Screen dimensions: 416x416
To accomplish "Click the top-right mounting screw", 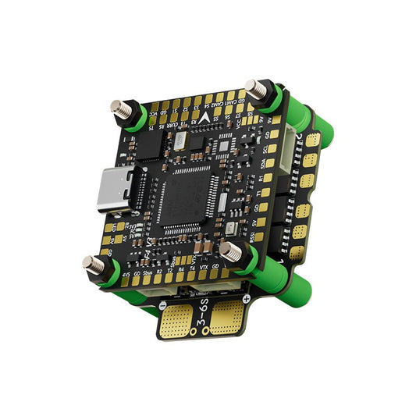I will click(254, 88).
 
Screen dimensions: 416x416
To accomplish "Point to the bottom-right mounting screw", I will click(230, 251).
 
